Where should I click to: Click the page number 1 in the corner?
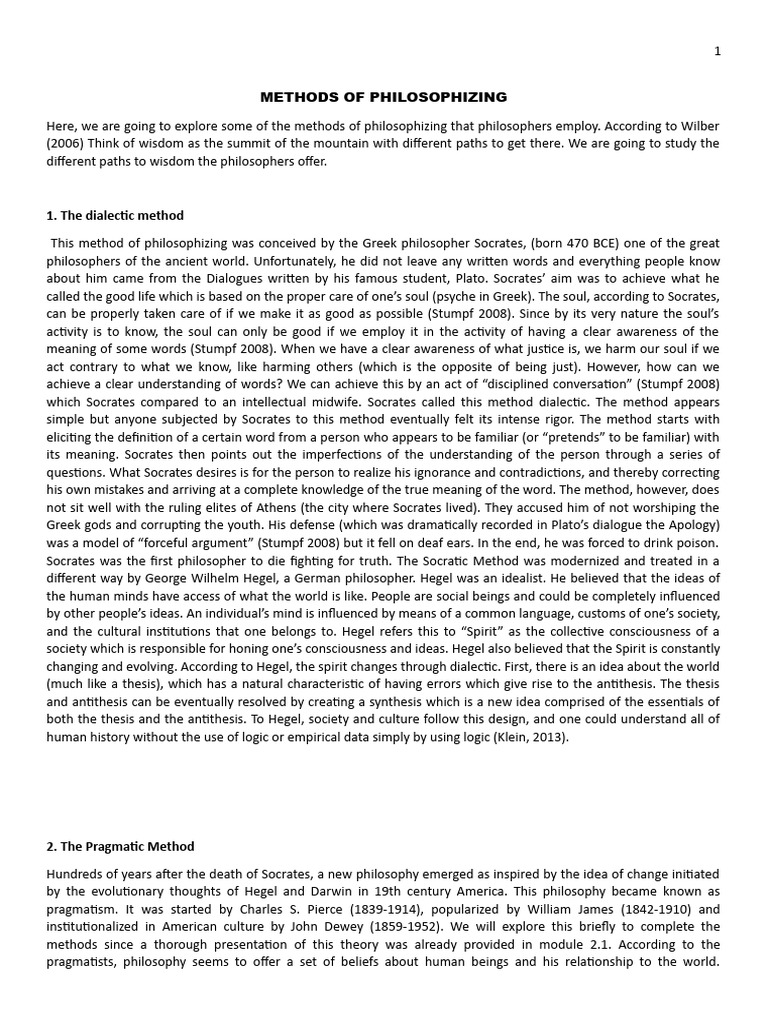click(x=717, y=52)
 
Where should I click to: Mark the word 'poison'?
click(x=695, y=544)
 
